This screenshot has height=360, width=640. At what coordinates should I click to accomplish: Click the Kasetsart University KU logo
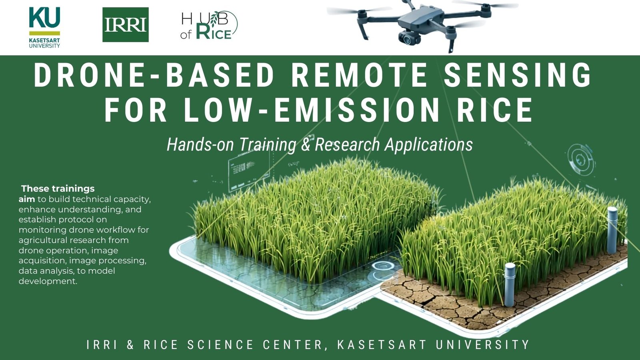(44, 28)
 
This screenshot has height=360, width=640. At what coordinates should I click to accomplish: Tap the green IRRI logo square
(126, 24)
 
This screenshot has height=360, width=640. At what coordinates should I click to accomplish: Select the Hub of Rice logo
(209, 25)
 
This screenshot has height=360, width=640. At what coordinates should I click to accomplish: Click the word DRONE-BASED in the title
(154, 75)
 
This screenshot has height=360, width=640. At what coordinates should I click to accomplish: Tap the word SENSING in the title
(518, 75)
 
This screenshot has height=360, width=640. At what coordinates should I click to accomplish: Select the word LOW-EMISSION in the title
(312, 110)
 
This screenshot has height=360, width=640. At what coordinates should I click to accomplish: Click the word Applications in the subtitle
(428, 145)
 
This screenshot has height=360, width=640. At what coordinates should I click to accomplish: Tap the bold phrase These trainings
(58, 188)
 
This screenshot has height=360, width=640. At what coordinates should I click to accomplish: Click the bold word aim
(26, 199)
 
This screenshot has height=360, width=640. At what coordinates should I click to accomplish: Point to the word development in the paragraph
(48, 281)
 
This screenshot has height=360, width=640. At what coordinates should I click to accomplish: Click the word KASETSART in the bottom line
(382, 344)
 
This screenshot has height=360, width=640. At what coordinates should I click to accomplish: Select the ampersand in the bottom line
(130, 344)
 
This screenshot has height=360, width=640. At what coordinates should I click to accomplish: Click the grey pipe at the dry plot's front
(510, 284)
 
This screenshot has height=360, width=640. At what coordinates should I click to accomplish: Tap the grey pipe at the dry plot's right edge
(612, 230)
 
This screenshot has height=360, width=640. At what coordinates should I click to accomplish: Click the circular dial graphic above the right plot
(580, 159)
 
